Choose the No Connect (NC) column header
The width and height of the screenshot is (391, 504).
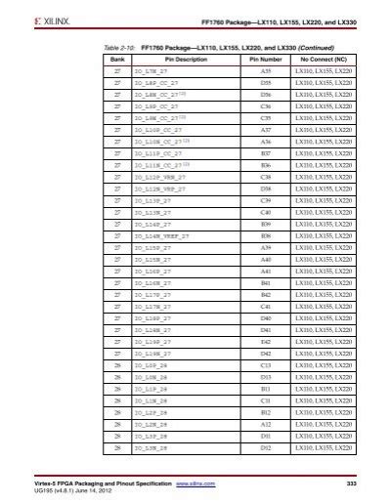coord(326,59)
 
